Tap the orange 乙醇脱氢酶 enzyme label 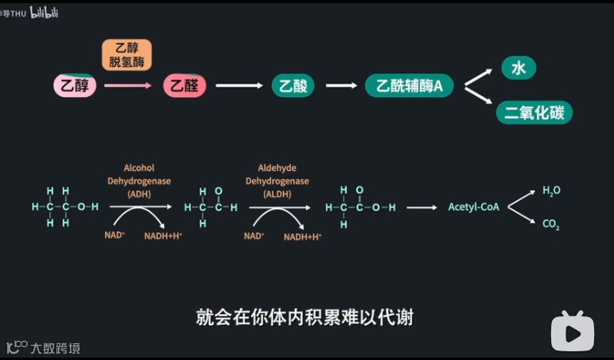tap(126, 54)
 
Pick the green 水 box tap(519, 68)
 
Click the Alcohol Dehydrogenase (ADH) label tap(139, 180)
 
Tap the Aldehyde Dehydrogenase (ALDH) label tap(277, 180)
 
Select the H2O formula tap(551, 191)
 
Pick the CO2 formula tap(551, 224)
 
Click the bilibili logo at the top tap(44, 12)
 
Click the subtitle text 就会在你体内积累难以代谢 tap(305, 317)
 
